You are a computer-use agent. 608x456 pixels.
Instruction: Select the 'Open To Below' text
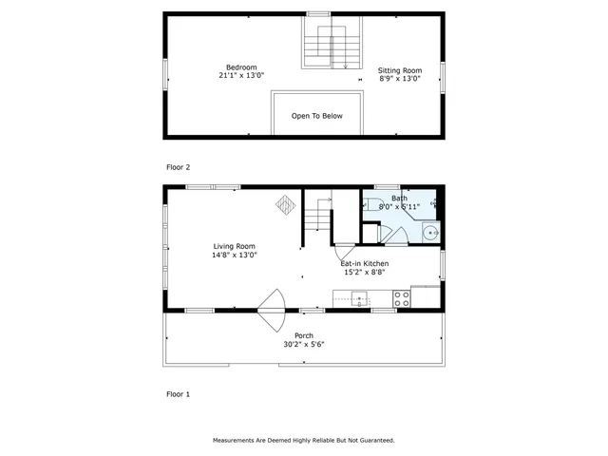[x=316, y=116]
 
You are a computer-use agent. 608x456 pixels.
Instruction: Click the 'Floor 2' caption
[x=179, y=167]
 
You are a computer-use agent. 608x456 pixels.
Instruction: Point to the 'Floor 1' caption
[x=179, y=393]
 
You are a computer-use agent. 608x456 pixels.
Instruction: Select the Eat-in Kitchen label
[x=365, y=263]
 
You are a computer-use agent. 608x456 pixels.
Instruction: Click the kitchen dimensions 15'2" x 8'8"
[x=365, y=273]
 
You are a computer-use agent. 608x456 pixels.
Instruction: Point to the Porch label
[x=304, y=335]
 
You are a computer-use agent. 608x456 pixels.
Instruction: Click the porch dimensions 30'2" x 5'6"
[x=304, y=345]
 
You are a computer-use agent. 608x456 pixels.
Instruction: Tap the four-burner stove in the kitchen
[x=402, y=297]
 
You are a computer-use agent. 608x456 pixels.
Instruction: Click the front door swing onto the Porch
[x=272, y=306]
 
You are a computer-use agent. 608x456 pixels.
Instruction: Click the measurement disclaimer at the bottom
[x=303, y=441]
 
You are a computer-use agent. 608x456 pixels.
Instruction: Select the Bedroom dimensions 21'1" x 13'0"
[x=241, y=76]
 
